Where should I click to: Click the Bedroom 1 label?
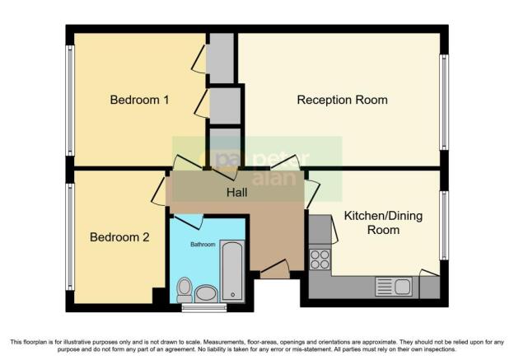click(x=140, y=101)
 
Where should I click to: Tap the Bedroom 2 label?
click(x=119, y=237)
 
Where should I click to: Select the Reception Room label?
click(x=342, y=101)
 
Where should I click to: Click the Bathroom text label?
click(x=203, y=245)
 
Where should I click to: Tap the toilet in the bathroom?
click(x=185, y=289)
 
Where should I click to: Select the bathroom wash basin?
click(x=206, y=293)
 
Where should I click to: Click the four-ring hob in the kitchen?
click(x=319, y=260)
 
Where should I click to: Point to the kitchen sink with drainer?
click(x=394, y=287)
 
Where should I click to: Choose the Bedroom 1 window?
click(x=70, y=101)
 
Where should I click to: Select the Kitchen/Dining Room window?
click(x=445, y=224)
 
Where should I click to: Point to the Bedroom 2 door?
click(x=160, y=192)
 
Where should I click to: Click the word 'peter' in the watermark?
click(x=286, y=158)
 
